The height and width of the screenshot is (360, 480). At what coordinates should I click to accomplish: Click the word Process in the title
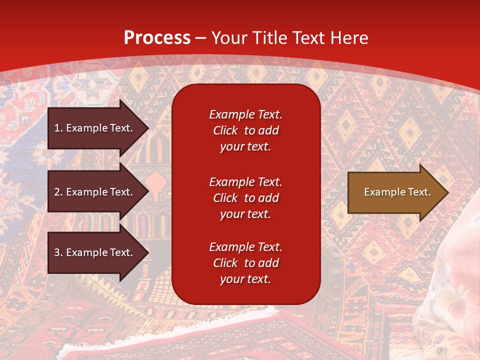pos(157,38)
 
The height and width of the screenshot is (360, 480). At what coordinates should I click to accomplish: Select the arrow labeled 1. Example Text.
pos(95,128)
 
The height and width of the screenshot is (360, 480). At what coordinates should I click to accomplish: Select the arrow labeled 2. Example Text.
pos(95,192)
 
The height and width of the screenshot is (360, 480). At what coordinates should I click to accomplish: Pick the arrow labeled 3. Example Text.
pos(95,253)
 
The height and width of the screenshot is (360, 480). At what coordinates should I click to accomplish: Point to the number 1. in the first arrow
pos(58,128)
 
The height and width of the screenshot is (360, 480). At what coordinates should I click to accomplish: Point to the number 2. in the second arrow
pos(58,192)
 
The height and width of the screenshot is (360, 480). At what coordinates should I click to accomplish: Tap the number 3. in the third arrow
pos(58,253)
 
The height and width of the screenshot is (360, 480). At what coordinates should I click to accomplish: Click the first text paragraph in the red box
pos(245,130)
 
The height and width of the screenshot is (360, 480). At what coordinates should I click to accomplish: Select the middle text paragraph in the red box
pos(245,198)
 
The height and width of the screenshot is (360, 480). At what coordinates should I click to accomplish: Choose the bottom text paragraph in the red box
pos(245,263)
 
